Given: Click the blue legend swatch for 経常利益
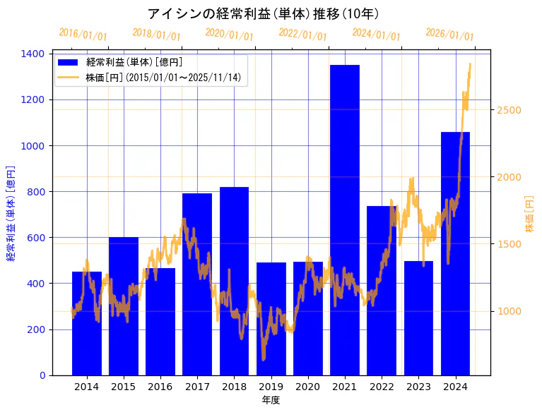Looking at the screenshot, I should point(69,62).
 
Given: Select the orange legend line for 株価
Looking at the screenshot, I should point(69,77).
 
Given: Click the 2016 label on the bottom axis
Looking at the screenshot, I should point(160,386).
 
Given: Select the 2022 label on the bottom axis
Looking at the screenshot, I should point(382,386).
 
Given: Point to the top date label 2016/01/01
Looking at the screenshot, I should point(83,34).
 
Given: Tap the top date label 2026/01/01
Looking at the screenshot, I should point(449,34).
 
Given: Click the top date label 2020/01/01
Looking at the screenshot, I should point(229,34).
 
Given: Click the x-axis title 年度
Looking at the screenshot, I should point(271,400).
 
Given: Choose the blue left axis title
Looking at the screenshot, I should point(11,214).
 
